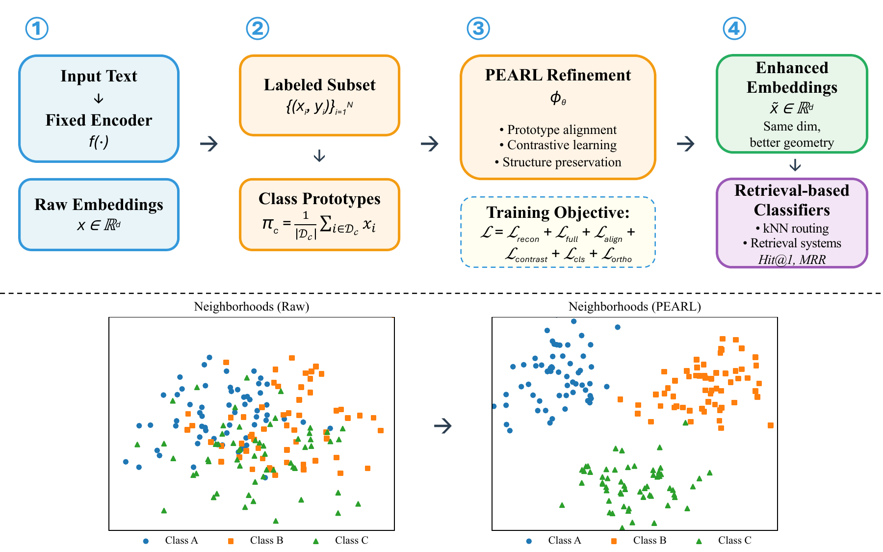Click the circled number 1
pyautogui.click(x=37, y=28)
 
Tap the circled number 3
pyautogui.click(x=478, y=28)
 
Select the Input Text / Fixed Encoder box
pyautogui.click(x=99, y=108)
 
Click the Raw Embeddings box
pyautogui.click(x=99, y=214)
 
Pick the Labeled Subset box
pyautogui.click(x=319, y=95)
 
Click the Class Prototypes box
pyautogui.click(x=319, y=214)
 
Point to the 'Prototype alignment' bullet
pyautogui.click(x=558, y=130)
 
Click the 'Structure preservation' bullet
pyautogui.click(x=558, y=162)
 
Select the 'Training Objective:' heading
pyautogui.click(x=558, y=212)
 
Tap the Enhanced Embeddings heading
pyautogui.click(x=792, y=77)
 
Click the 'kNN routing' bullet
pyautogui.click(x=792, y=228)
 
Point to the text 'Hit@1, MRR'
pyautogui.click(x=792, y=259)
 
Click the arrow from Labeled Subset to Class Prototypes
pyautogui.click(x=319, y=156)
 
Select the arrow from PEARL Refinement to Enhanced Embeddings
pyautogui.click(x=685, y=144)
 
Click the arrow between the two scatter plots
pyautogui.click(x=443, y=425)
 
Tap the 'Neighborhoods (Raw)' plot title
pyautogui.click(x=252, y=307)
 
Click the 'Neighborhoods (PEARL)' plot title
pyautogui.click(x=635, y=307)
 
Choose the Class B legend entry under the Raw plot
pyautogui.click(x=256, y=540)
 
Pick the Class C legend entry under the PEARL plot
pyautogui.click(x=724, y=540)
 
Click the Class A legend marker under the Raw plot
pyautogui.click(x=146, y=541)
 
